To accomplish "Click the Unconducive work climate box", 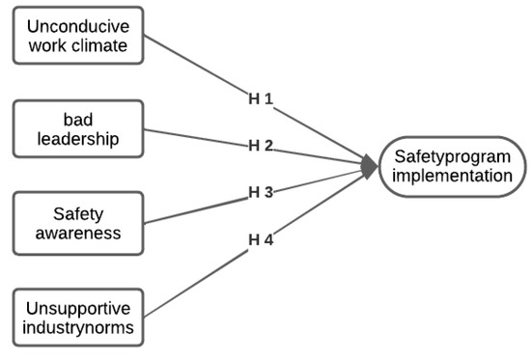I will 76,35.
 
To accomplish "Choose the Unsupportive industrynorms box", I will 76,319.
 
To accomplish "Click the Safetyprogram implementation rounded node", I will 452,166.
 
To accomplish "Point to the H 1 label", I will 261,98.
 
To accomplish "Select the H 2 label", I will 261,146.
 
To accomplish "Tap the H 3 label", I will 261,192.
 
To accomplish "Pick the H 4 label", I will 261,238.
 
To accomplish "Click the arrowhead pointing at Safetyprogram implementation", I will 370,167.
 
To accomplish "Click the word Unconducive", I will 76,24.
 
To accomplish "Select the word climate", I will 112,44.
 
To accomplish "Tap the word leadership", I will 76,139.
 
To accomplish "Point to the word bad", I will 76,119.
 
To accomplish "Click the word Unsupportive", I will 76,309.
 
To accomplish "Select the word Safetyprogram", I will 452,155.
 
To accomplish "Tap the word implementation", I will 452,177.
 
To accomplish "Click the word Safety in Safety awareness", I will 76,211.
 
